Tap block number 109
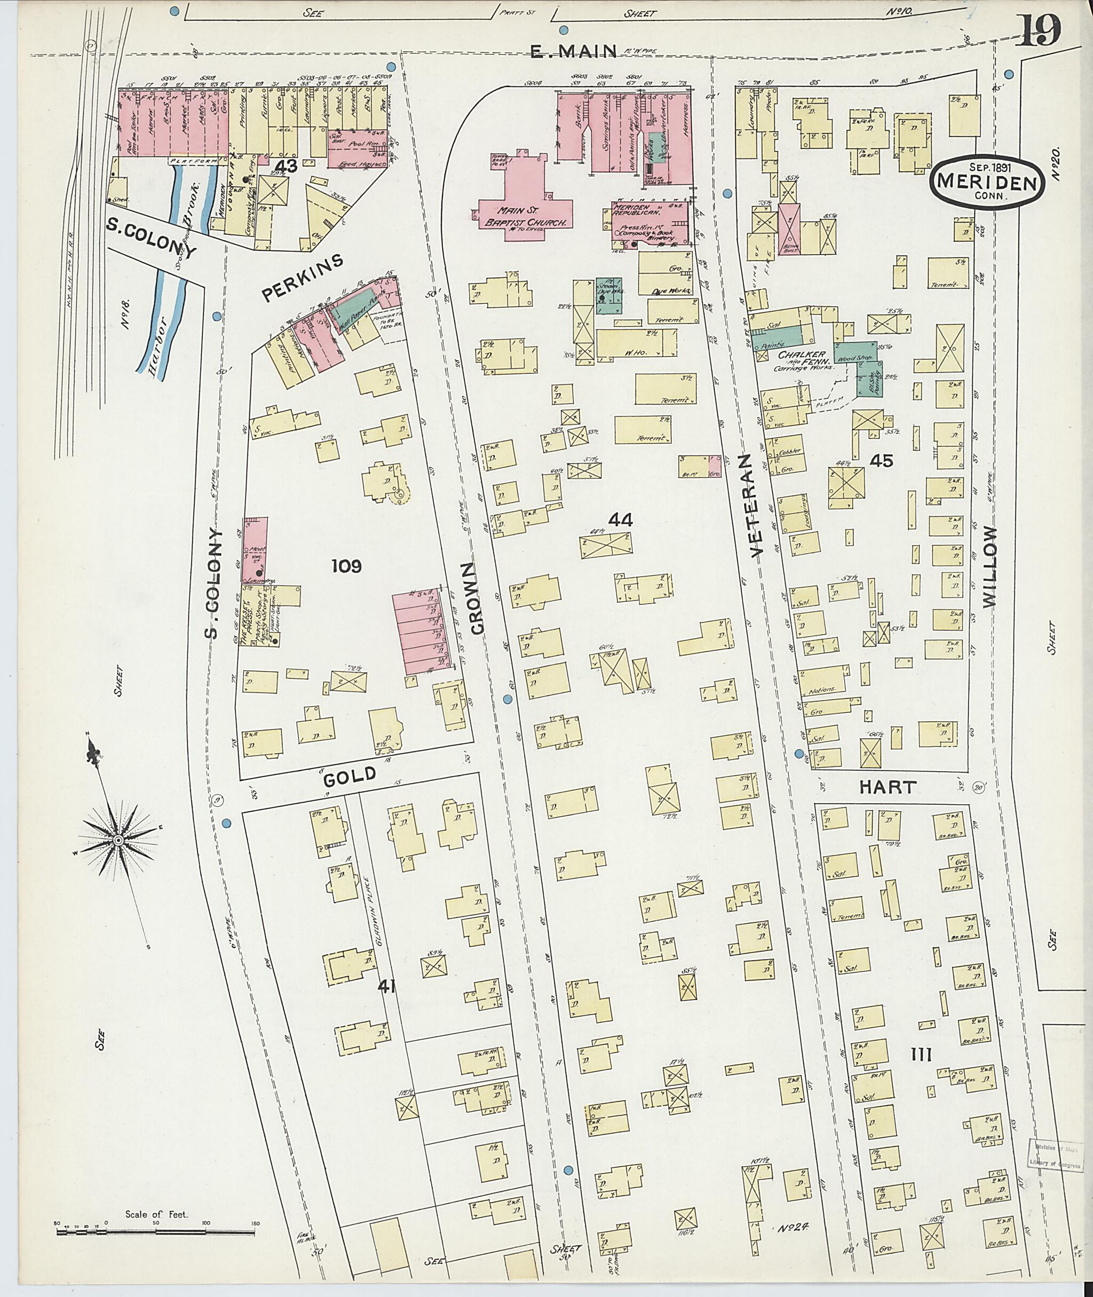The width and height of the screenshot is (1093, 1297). pyautogui.click(x=346, y=565)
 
